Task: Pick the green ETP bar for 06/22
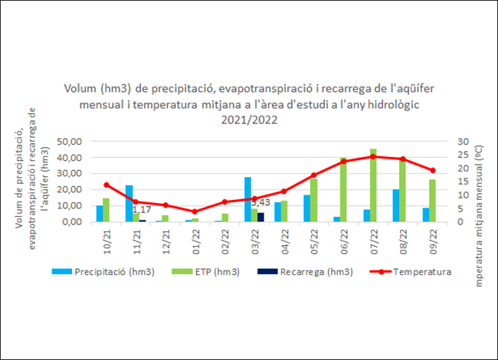[x=343, y=190]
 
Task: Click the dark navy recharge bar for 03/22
[x=260, y=218]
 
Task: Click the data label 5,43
[x=261, y=201]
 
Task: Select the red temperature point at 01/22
[x=195, y=211]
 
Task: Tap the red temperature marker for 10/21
[x=106, y=185]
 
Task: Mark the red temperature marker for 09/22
[x=432, y=171]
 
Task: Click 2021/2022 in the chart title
[x=248, y=119]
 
